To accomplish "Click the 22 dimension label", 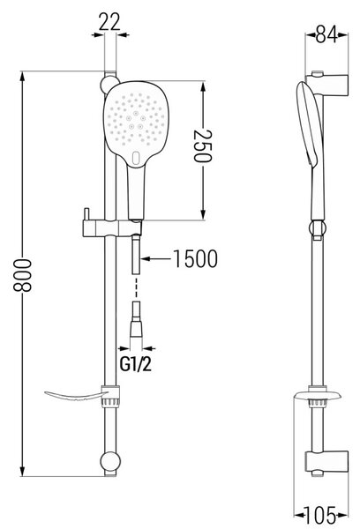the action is [x=110, y=22].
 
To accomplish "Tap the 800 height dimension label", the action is [x=22, y=275].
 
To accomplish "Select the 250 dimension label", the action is [x=202, y=145].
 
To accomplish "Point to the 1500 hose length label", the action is [x=196, y=258].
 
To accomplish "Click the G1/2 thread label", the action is [x=136, y=364].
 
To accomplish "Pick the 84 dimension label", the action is [x=326, y=34].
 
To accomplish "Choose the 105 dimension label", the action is [x=321, y=515].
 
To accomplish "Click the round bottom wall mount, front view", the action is [x=110, y=461].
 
